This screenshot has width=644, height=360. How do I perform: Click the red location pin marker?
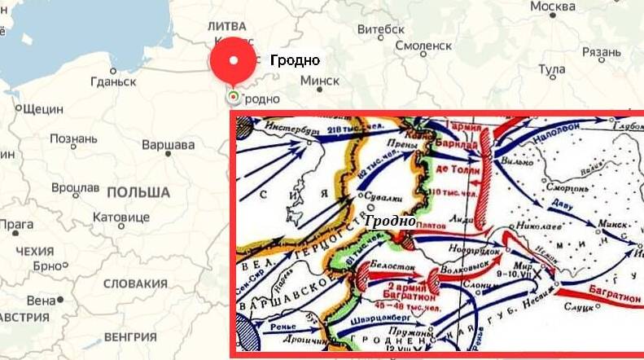tap(234, 62)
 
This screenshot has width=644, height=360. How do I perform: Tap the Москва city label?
tap(553, 7)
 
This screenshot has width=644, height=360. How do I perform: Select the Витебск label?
tap(381, 29)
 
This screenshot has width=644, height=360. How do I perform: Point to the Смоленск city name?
tap(423, 46)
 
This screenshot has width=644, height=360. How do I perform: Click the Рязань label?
tap(602, 54)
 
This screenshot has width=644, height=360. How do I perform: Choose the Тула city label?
tap(552, 70)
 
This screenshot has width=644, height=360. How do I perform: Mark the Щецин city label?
tap(44, 108)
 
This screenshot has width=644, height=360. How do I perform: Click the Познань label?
tap(73, 138)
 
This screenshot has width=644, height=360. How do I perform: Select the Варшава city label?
tap(169, 145)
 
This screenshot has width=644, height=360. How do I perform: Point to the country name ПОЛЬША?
tap(138, 193)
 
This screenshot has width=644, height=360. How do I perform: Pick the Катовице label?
tap(121, 217)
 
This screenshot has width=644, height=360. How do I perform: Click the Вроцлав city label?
tap(75, 187)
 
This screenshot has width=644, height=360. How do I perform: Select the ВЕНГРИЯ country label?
tap(130, 336)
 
